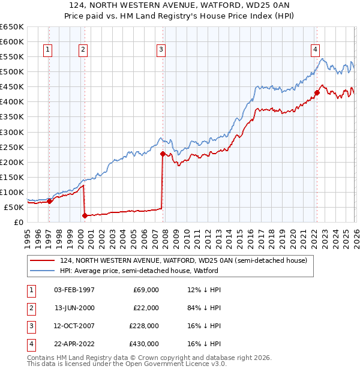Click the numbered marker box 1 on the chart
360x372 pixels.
47,50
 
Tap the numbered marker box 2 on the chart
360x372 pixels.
83,50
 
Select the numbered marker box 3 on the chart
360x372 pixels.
161,50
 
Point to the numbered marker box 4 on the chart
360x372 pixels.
315,50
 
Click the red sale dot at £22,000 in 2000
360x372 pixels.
85,215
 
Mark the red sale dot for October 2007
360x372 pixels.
163,154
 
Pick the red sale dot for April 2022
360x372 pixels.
317,93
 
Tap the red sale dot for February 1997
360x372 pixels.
49,202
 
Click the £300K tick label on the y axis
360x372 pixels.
12,132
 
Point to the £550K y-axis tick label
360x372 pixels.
12,57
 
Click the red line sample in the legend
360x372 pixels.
43,260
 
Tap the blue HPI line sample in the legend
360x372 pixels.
43,271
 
